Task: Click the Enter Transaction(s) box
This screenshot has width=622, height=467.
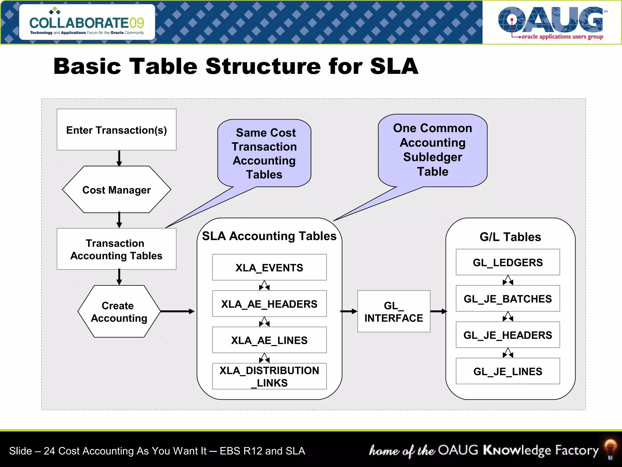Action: [x=116, y=130]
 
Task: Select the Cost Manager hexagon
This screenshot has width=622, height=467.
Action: [x=116, y=189]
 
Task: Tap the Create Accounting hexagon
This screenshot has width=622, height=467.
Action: [x=119, y=311]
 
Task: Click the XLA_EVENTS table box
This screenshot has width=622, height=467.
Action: [x=269, y=267]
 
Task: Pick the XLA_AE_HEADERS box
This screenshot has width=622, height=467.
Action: [x=269, y=304]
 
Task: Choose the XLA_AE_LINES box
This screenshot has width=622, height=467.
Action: [x=269, y=340]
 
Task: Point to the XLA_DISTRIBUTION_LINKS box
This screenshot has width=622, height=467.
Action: [x=269, y=376]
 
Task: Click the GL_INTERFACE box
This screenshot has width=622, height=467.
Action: [x=394, y=311]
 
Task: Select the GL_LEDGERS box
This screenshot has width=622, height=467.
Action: [x=508, y=262]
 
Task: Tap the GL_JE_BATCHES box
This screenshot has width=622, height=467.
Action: [x=508, y=299]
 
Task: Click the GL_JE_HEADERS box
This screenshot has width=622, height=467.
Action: [x=508, y=335]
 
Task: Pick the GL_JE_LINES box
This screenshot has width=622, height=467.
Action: [x=508, y=371]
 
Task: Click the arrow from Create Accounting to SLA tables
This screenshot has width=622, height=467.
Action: [x=177, y=311]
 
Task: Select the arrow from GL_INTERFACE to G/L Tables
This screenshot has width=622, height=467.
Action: [x=439, y=311]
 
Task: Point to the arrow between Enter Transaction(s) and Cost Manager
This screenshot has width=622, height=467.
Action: [x=119, y=158]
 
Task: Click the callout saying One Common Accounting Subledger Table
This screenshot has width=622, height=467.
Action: [x=432, y=150]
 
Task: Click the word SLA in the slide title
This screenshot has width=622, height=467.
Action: [x=394, y=66]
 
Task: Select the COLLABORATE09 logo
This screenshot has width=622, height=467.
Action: [x=87, y=22]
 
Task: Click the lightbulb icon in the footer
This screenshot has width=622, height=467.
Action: [x=610, y=448]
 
